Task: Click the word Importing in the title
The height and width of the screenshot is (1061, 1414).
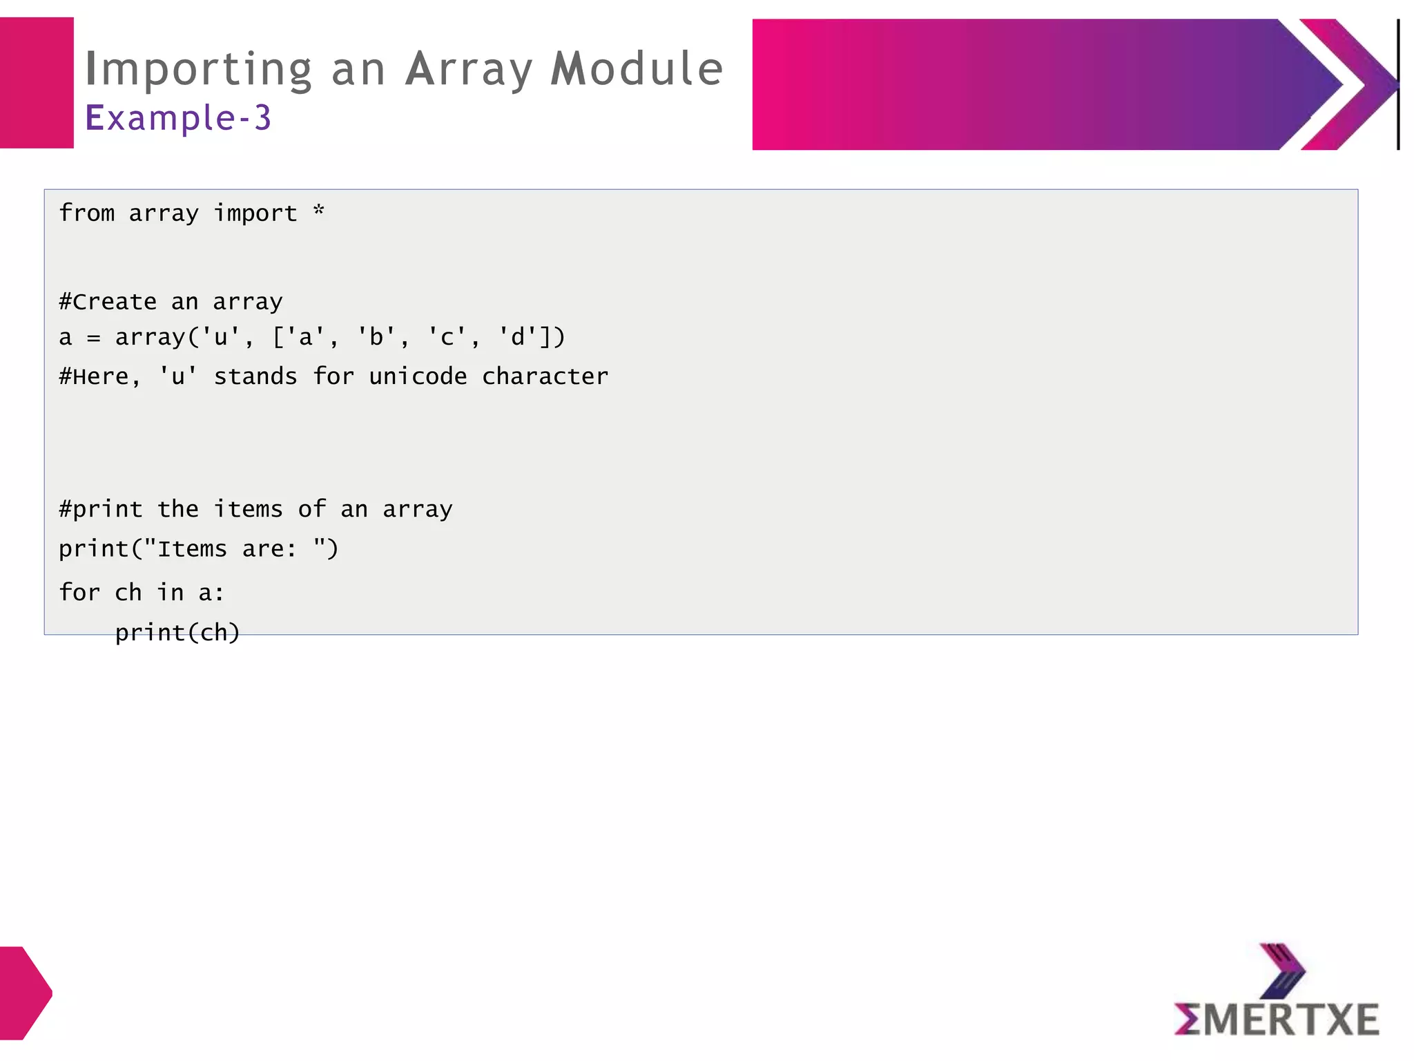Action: point(199,70)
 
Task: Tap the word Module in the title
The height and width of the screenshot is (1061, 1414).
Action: point(637,69)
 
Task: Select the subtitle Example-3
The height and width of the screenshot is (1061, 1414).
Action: point(178,117)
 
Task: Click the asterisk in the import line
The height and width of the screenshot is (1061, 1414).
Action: point(318,211)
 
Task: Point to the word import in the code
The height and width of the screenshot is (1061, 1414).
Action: point(255,213)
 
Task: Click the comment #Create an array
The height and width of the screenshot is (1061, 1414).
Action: point(171,302)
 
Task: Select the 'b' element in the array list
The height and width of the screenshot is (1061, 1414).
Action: point(376,337)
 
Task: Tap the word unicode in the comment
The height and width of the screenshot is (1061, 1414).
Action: point(418,376)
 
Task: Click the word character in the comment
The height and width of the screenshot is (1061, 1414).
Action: point(545,376)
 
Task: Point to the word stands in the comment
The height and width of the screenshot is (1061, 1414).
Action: point(255,376)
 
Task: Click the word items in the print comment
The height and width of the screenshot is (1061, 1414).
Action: point(248,509)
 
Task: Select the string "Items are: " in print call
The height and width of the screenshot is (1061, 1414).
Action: point(234,548)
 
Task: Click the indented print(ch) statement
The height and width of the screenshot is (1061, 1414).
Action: point(177,632)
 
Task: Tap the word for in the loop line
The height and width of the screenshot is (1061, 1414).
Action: point(79,592)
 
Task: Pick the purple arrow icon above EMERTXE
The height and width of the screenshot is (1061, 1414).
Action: point(1282,970)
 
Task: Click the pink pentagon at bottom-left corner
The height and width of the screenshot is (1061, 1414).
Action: point(24,993)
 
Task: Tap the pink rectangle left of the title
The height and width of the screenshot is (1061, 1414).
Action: point(37,83)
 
